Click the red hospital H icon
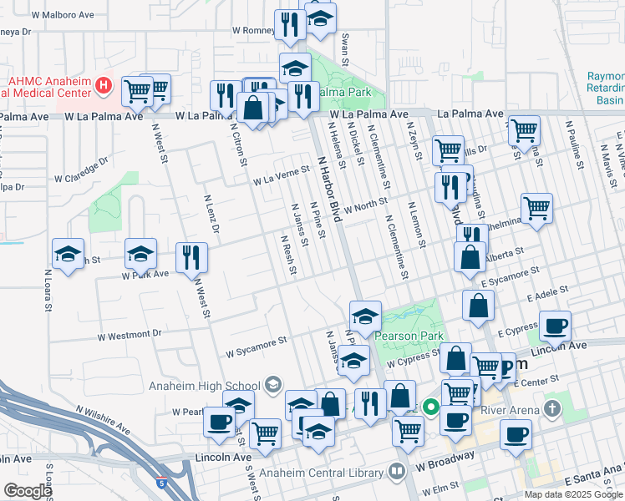pyautogui.click(x=104, y=84)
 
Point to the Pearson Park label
pyautogui.click(x=405, y=336)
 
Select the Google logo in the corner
pyautogui.click(x=27, y=491)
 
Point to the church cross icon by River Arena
pyautogui.click(x=551, y=408)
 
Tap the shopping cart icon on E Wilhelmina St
pyautogui.click(x=536, y=208)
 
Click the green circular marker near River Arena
pyautogui.click(x=431, y=408)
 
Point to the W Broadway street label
pyautogui.click(x=449, y=458)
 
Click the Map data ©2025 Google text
pyautogui.click(x=572, y=493)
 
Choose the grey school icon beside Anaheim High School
pyautogui.click(x=272, y=385)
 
